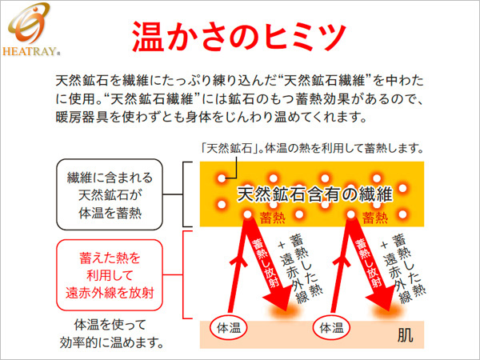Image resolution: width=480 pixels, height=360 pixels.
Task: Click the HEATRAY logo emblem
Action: point(29,23)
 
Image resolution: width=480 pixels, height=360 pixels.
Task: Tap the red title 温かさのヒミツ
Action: point(239,36)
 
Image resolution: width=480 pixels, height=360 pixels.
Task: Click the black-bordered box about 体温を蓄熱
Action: point(110,194)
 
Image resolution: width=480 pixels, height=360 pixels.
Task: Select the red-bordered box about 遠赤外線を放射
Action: point(110,275)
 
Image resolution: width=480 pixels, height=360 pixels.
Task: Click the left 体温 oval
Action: point(228,328)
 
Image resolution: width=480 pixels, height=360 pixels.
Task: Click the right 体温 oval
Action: point(331,328)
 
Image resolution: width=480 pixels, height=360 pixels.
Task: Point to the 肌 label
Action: point(405,335)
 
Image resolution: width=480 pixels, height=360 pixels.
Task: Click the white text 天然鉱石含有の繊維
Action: point(314,194)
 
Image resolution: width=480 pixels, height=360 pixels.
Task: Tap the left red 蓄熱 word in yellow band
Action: point(272,218)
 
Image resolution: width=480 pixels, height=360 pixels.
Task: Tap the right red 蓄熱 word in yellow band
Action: point(375,218)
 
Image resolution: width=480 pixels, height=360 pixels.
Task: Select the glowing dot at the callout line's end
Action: point(222,178)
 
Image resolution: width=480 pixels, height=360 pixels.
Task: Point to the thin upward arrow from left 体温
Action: point(238,266)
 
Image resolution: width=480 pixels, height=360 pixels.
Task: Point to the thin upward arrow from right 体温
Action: point(341,266)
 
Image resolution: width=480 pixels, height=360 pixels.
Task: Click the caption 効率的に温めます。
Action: point(112,342)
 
